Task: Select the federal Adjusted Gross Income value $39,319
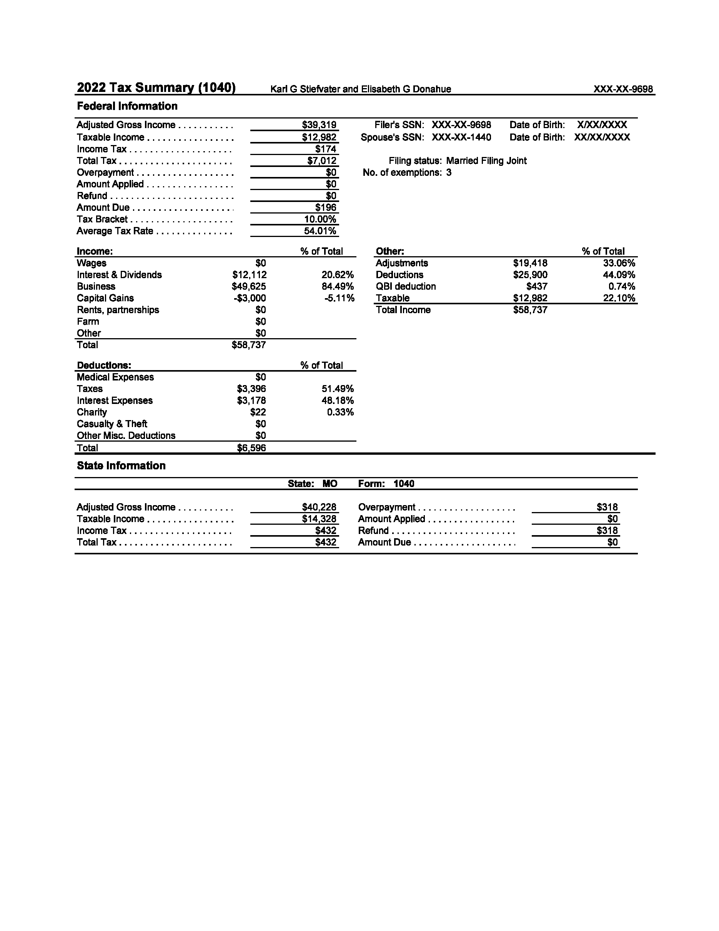click(x=319, y=125)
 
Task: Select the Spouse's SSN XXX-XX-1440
click(x=461, y=137)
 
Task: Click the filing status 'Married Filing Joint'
click(x=486, y=161)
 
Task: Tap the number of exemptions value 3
click(x=449, y=173)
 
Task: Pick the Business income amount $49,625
click(x=249, y=287)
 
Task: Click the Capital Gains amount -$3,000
click(x=250, y=298)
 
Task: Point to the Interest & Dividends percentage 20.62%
click(x=337, y=275)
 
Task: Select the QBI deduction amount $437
click(x=537, y=287)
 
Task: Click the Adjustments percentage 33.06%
click(x=619, y=263)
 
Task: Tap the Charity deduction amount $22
click(x=258, y=412)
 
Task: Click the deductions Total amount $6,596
click(x=251, y=447)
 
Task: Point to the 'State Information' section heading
click(x=121, y=465)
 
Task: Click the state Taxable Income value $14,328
click(x=319, y=519)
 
